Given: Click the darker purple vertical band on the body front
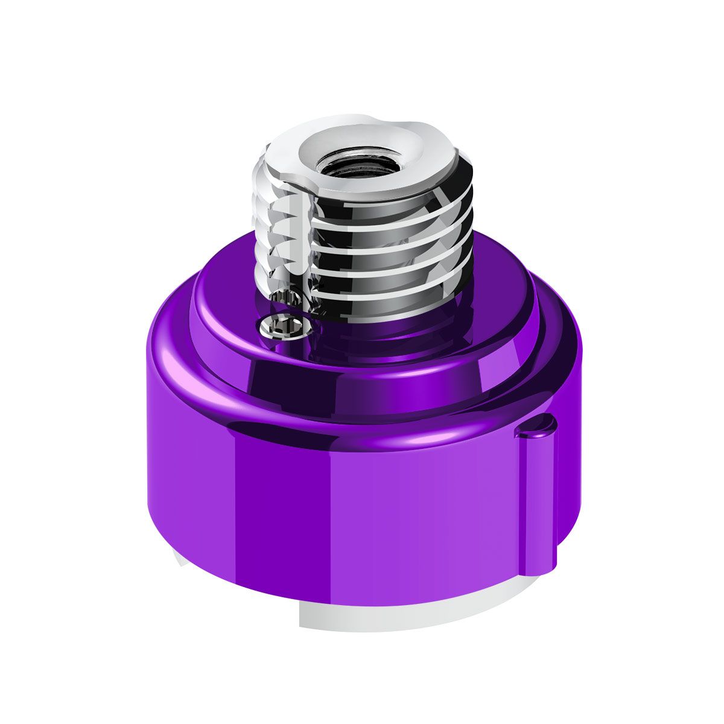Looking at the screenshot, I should coord(284,513).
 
